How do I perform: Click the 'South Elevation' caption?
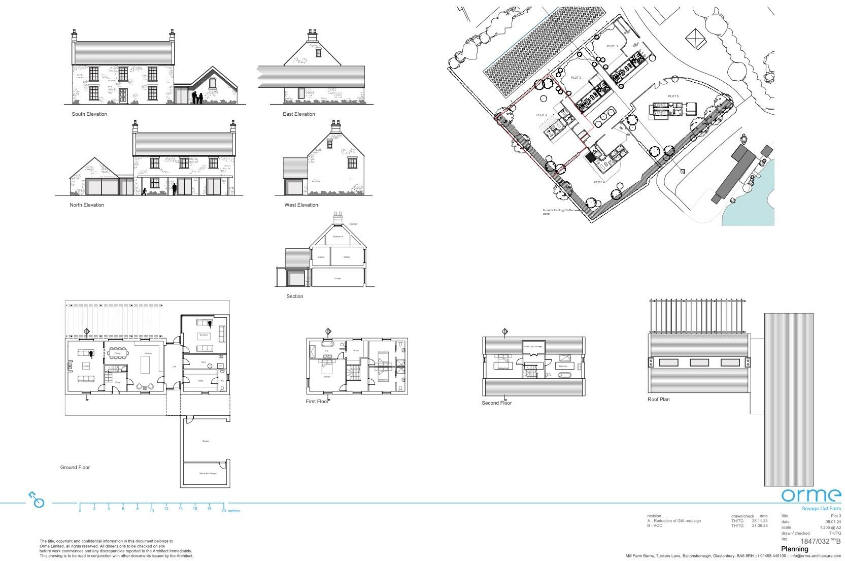[x=89, y=114]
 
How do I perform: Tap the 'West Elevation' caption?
[x=301, y=205]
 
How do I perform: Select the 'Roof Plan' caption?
[x=658, y=400]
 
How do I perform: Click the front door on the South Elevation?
[x=123, y=96]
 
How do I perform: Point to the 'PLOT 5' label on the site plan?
[x=673, y=96]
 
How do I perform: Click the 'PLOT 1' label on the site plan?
[x=612, y=46]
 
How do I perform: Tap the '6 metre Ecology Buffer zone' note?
[x=558, y=211]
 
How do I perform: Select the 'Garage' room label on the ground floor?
[x=206, y=441]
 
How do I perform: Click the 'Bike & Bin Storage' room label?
[x=206, y=474]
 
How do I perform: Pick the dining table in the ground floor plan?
[x=117, y=353]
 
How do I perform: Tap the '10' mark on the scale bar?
[x=152, y=511]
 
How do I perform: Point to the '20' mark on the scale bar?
[x=223, y=511]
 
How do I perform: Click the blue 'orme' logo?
[x=810, y=495]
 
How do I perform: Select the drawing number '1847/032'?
[x=815, y=542]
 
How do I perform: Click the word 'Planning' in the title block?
[x=794, y=549]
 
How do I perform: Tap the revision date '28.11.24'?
[x=760, y=521]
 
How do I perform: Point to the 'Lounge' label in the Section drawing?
[x=337, y=278]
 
